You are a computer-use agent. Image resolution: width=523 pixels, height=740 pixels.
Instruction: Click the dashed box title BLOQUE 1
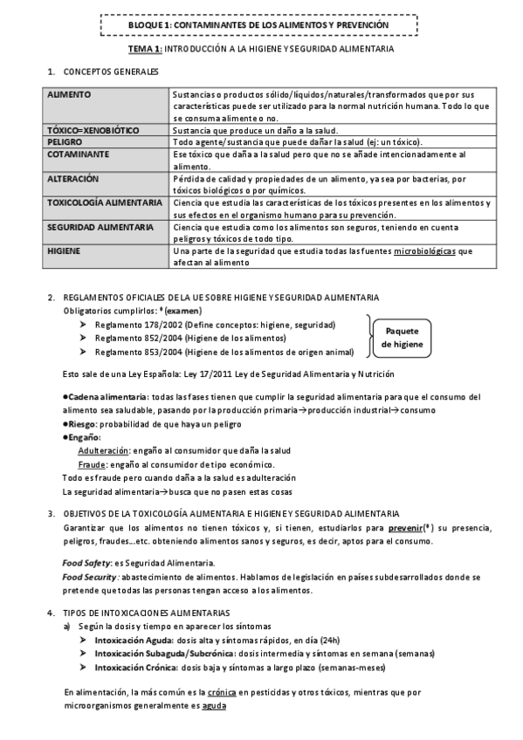pyautogui.click(x=261, y=26)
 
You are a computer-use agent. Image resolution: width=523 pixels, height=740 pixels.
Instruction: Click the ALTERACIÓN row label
pyautogui.click(x=74, y=178)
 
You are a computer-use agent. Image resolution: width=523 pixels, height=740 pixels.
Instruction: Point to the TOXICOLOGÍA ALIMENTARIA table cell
pyautogui.click(x=105, y=202)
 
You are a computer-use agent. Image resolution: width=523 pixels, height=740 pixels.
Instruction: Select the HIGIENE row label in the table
pyautogui.click(x=65, y=250)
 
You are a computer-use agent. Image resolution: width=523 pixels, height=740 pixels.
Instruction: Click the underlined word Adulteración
pyautogui.click(x=102, y=450)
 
